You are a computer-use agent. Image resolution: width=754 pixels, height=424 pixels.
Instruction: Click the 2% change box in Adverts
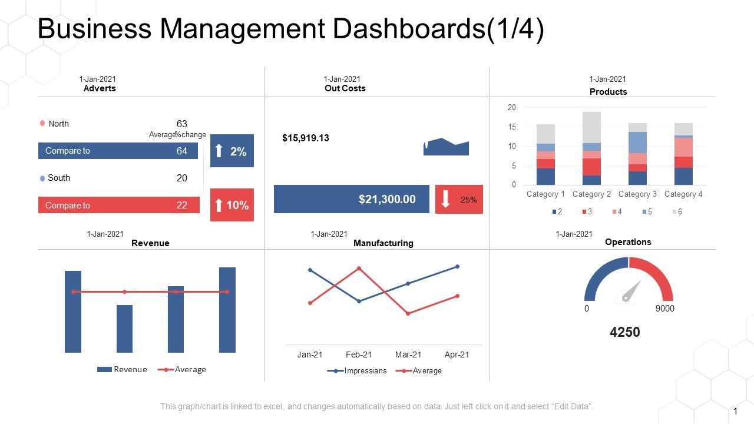[x=232, y=151]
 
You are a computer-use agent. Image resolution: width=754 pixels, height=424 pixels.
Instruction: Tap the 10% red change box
[x=232, y=205]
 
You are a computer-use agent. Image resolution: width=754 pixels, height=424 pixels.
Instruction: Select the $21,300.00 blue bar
[x=352, y=199]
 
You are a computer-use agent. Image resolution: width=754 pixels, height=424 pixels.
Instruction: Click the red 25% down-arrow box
[x=459, y=199]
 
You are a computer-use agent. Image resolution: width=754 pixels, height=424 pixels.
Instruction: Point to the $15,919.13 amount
[x=306, y=138]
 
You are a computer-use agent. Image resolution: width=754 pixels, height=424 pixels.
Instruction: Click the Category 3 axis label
[x=637, y=194]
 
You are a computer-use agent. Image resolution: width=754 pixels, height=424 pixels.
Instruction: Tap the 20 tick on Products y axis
[x=512, y=108]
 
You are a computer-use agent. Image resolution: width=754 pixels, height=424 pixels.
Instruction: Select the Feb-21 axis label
[x=359, y=355]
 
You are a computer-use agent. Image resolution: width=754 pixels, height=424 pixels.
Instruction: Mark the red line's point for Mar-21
[x=408, y=314]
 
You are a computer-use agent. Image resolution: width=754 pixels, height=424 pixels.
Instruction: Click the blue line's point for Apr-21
[x=457, y=267]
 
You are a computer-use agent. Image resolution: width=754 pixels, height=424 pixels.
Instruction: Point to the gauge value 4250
[x=624, y=332]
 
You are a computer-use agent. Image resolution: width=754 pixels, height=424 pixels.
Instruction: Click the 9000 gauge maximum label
[x=665, y=309]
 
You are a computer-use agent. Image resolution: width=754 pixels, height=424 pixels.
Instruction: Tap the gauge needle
[x=631, y=291]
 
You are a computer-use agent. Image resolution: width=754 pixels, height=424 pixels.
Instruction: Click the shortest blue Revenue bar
[x=124, y=329]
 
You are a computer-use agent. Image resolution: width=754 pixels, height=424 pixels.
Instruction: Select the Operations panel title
[x=629, y=242]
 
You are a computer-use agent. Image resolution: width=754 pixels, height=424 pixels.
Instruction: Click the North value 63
[x=181, y=124]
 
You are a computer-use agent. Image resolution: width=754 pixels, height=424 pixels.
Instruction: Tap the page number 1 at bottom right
[x=736, y=411]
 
